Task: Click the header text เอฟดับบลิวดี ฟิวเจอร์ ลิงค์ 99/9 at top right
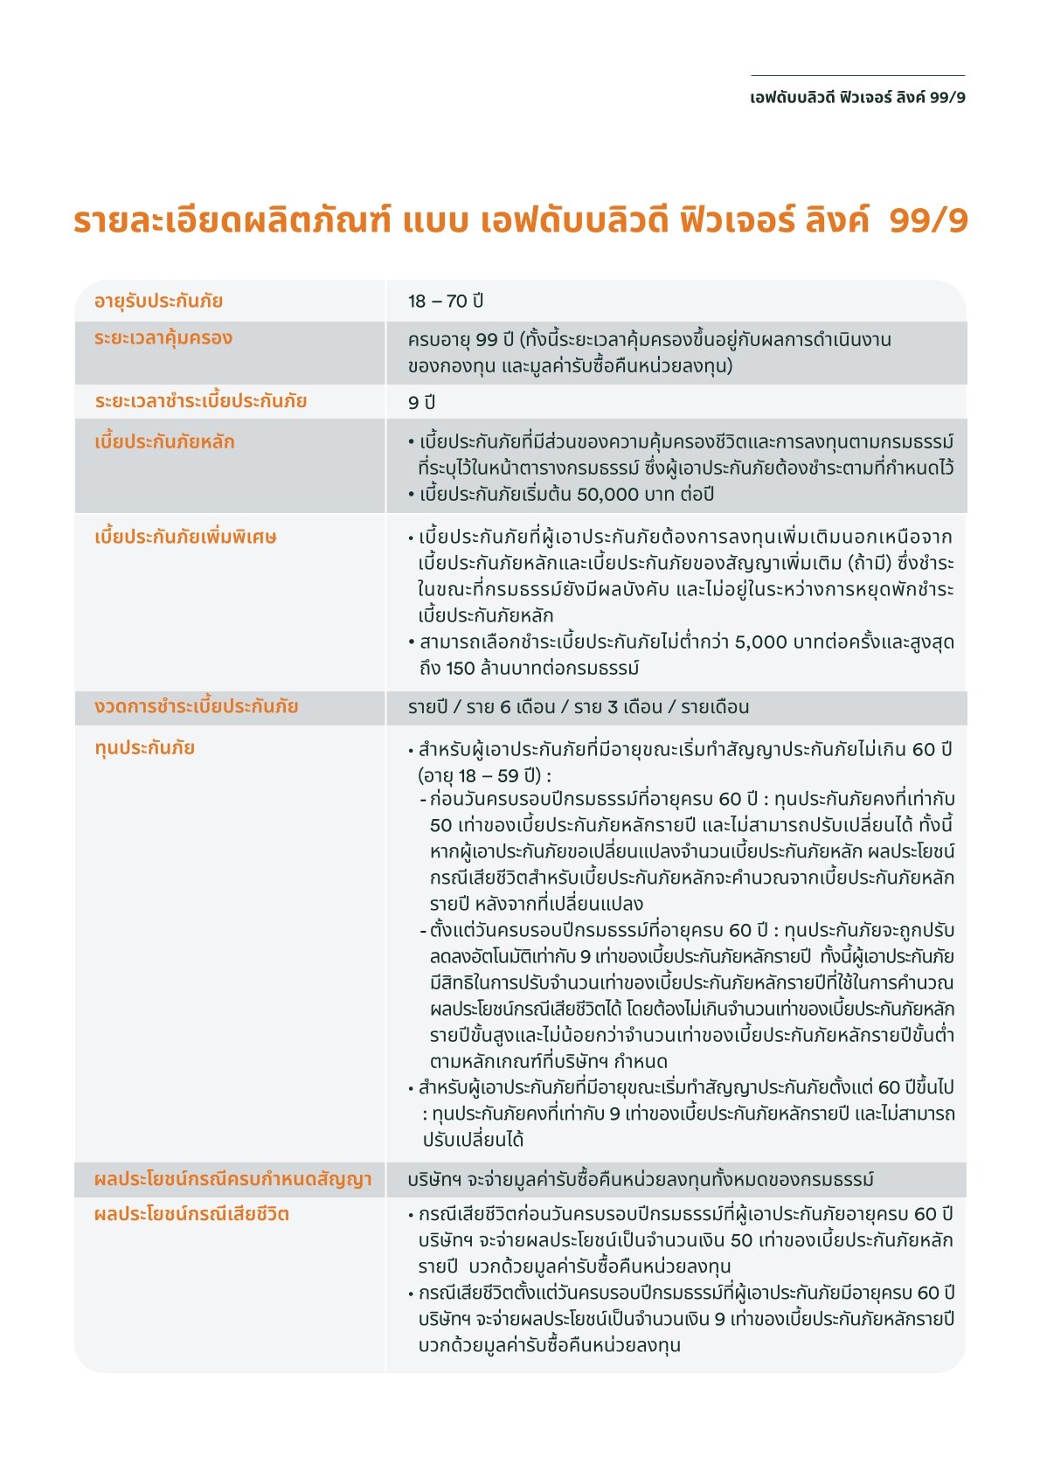point(857,97)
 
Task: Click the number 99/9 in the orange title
point(928,220)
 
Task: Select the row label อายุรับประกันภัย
point(158,301)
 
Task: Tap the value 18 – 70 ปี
point(445,301)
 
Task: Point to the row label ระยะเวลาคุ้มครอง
point(163,338)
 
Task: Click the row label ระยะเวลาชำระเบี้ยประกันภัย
point(200,401)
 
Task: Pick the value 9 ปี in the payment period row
point(421,402)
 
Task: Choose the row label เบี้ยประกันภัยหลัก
point(164,441)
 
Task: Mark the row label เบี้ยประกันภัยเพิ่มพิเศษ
point(185,537)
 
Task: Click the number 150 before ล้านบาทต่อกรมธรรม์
point(460,669)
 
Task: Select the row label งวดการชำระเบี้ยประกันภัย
point(196,706)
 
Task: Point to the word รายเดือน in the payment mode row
point(715,707)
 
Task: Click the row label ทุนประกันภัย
point(144,747)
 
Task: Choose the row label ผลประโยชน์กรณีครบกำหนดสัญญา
point(232,1179)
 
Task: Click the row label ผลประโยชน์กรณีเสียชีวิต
point(191,1214)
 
